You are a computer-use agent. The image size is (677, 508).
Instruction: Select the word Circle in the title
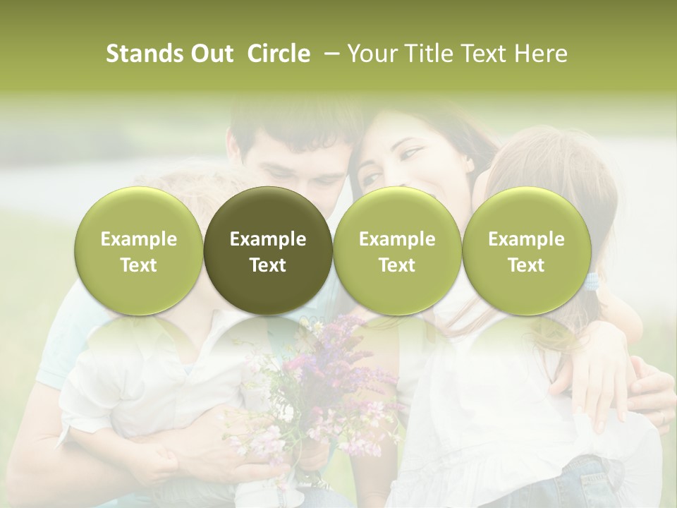coord(279,54)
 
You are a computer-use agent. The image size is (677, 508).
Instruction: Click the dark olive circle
coord(268,250)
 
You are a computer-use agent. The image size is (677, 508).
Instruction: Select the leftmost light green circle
coord(138,250)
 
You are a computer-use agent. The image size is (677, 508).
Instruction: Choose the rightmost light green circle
coord(526,250)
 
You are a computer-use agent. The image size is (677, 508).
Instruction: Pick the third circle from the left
coord(397,250)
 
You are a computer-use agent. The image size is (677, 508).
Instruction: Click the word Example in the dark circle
coord(268,239)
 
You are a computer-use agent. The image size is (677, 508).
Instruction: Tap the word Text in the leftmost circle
coord(138,265)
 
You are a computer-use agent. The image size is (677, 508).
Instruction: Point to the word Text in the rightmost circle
coord(526,265)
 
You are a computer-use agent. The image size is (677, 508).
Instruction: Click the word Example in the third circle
coord(397,239)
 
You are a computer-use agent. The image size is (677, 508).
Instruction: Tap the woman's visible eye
coord(411,153)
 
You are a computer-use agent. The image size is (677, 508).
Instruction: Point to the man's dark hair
coord(296,127)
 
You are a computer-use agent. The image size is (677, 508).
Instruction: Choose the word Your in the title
coord(370,54)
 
